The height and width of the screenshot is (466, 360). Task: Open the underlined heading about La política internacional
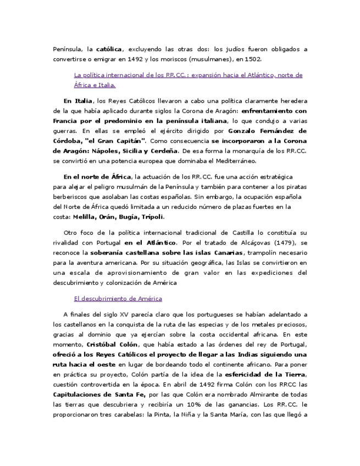coord(187,75)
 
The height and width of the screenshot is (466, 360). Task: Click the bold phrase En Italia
coord(77,101)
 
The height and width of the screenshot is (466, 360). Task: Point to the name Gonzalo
coord(245,131)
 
